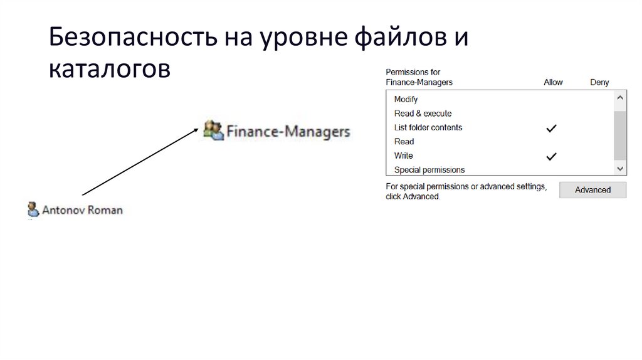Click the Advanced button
tap(592, 190)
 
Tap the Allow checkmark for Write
tap(551, 157)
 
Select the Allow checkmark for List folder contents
tap(551, 128)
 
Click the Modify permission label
tap(406, 99)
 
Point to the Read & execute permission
tap(423, 114)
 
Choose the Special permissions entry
tap(429, 170)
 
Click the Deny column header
tap(599, 82)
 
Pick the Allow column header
tap(553, 82)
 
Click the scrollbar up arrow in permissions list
tap(620, 98)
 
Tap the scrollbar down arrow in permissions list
tap(620, 169)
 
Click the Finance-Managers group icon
tap(213, 130)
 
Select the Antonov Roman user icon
tap(33, 209)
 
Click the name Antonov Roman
tap(82, 210)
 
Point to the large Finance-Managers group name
tap(288, 132)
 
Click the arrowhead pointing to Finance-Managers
tap(196, 130)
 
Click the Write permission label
tap(403, 156)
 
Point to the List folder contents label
tap(428, 127)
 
